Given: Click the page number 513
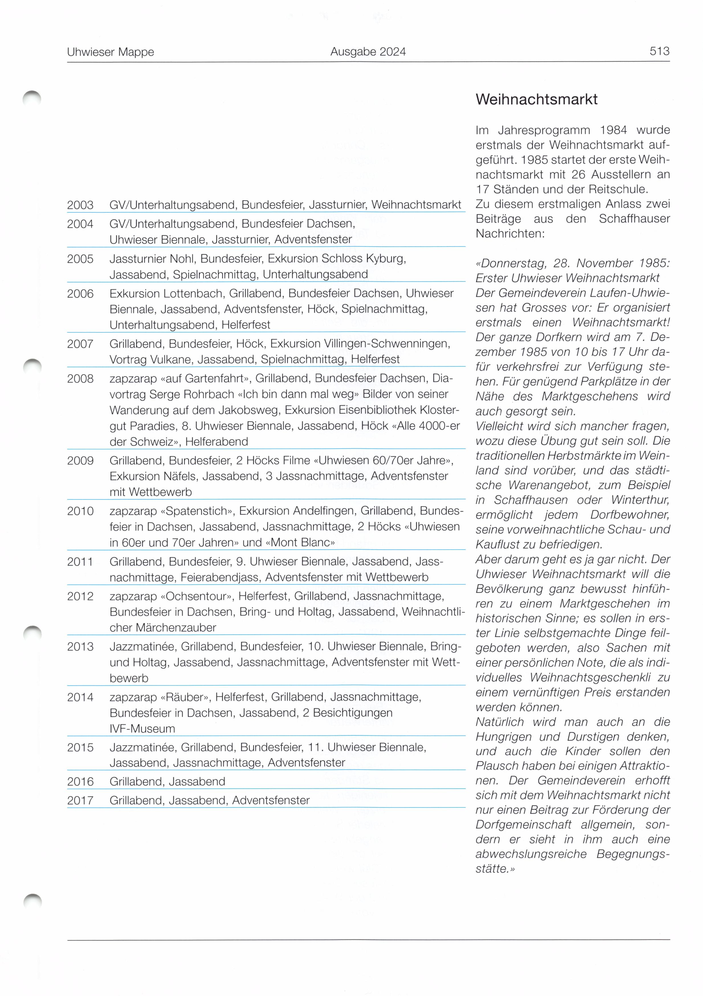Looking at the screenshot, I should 659,51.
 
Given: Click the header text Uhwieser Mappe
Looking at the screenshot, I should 110,52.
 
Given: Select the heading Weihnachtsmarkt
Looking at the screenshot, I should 536,99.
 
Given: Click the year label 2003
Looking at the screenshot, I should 80,205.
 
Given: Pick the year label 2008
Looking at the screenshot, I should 80,379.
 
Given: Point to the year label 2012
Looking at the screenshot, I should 80,597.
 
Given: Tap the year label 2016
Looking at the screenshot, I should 80,782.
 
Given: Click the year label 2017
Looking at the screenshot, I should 80,800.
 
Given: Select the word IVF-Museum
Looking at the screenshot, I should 142,729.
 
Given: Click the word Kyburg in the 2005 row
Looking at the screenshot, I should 386,259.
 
